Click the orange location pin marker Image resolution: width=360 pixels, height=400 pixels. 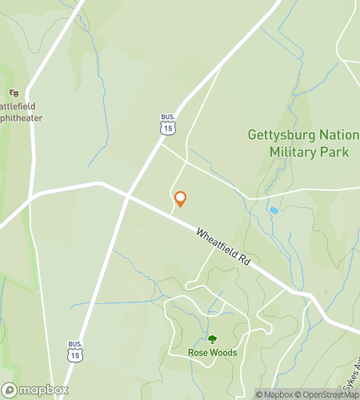point(180,199)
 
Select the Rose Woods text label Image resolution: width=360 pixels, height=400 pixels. point(212,353)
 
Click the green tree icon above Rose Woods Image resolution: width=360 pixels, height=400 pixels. point(212,340)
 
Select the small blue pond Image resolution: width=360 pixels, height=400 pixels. point(274,210)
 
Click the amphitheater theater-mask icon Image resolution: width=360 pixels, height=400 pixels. point(14,93)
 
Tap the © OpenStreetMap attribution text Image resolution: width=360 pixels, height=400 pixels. point(328,394)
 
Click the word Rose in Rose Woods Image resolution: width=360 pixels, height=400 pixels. point(198,353)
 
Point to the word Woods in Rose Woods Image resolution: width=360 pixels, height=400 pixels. point(224,353)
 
